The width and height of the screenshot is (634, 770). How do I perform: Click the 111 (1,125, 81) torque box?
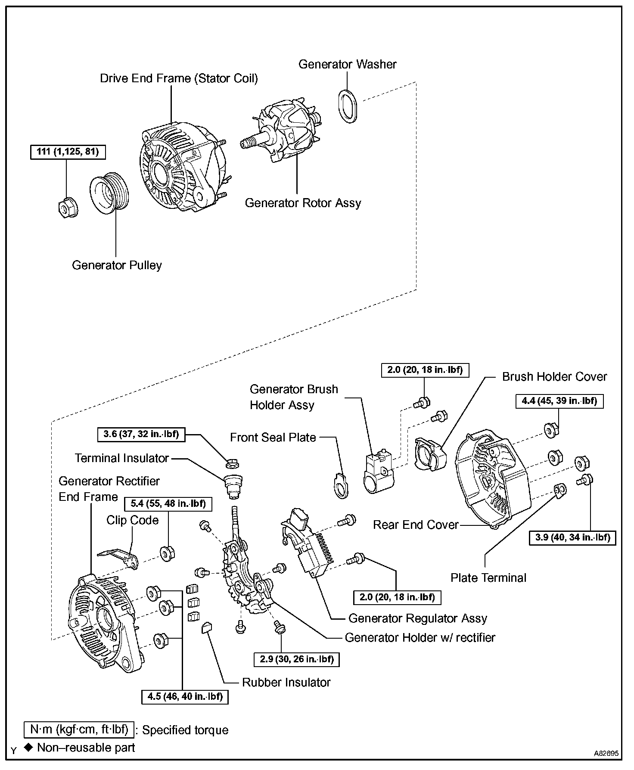[68, 152]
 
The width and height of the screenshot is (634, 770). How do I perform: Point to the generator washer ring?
[348, 106]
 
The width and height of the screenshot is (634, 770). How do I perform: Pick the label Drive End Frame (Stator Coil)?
[179, 78]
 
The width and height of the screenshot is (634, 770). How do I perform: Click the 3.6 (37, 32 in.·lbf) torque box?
[141, 434]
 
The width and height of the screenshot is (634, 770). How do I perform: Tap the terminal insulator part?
[234, 484]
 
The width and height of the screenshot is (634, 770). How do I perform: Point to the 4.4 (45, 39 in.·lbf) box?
[559, 401]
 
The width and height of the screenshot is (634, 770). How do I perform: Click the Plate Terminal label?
[488, 578]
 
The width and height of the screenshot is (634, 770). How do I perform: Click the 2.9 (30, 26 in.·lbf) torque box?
[297, 659]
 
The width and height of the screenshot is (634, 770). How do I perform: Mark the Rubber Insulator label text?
[286, 683]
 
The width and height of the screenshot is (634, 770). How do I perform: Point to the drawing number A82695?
[606, 753]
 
